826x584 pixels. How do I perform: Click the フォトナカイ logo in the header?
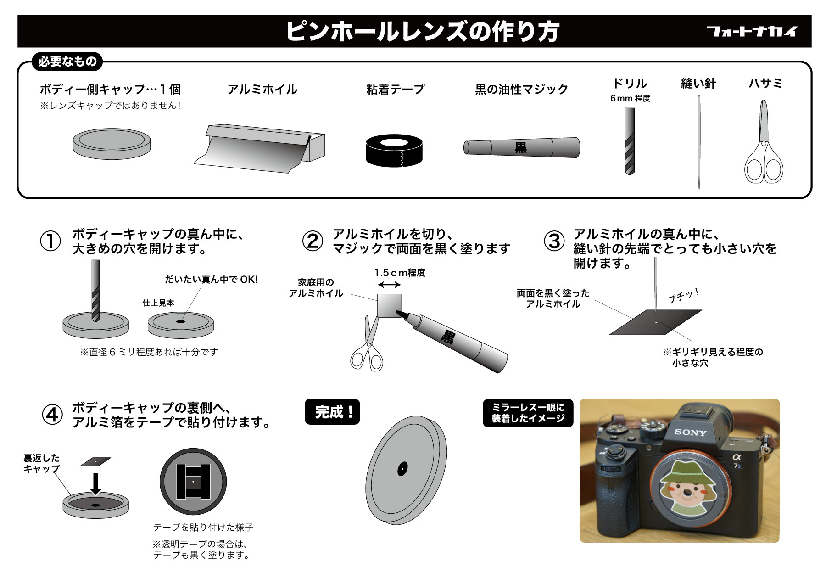click(752, 31)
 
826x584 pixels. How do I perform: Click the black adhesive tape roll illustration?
click(395, 151)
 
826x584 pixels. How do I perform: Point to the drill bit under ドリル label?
click(630, 140)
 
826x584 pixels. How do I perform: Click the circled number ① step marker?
click(50, 241)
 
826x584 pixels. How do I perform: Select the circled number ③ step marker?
click(554, 241)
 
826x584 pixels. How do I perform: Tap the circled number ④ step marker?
click(52, 415)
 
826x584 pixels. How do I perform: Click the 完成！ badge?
click(332, 412)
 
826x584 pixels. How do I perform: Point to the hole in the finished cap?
click(402, 469)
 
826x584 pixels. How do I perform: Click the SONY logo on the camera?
click(690, 432)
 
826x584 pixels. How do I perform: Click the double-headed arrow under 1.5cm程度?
click(389, 285)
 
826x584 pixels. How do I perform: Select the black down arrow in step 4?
click(95, 484)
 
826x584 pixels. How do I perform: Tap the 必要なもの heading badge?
click(67, 62)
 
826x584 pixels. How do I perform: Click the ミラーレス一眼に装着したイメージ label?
click(528, 413)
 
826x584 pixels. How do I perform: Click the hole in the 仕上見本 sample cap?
click(181, 322)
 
